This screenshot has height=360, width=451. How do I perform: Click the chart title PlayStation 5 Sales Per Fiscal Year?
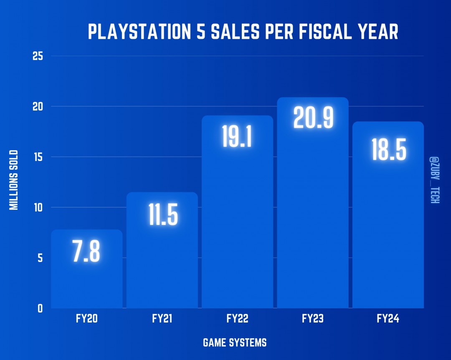point(243,33)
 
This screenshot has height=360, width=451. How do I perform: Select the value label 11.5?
point(163,216)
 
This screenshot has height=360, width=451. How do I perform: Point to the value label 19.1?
point(237,137)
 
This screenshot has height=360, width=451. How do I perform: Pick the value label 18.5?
point(389,151)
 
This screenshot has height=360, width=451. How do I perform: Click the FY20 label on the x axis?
point(86,319)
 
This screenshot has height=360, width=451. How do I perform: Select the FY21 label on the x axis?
point(162,319)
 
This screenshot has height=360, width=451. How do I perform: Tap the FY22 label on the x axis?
point(237,319)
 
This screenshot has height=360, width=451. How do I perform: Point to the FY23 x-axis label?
point(313,319)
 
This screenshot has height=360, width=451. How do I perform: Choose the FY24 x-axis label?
point(388,319)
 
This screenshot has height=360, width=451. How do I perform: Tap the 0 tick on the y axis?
point(40,308)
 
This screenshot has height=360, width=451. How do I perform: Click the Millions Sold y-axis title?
point(14,180)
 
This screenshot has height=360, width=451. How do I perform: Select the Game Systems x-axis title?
point(235,343)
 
